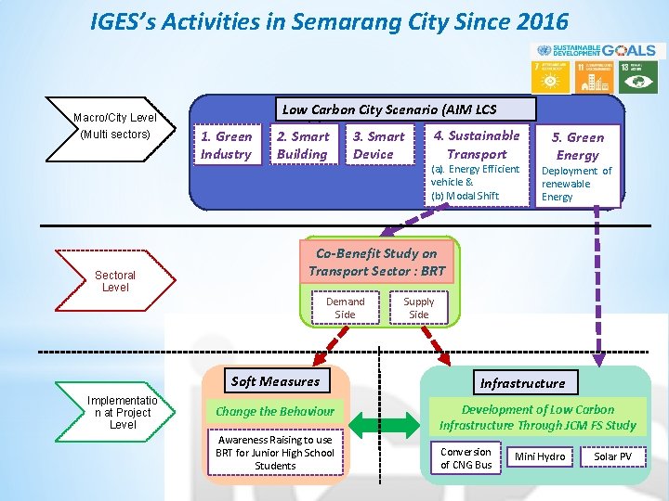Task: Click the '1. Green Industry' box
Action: [227, 146]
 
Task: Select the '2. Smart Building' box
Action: [302, 146]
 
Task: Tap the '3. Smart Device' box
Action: [378, 146]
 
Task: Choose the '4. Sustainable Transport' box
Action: [477, 145]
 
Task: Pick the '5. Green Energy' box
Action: [577, 146]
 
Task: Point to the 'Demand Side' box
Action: [345, 308]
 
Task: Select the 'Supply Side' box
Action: [419, 308]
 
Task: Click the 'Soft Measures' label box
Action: [275, 381]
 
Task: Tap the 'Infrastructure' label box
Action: [522, 382]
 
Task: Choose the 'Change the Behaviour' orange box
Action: [275, 411]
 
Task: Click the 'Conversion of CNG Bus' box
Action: [466, 457]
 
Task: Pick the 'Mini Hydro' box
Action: [540, 457]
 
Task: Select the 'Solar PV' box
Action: [612, 457]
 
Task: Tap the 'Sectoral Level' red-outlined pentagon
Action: [116, 281]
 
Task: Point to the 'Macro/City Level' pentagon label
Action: [115, 126]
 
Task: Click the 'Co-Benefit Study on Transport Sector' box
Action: [377, 262]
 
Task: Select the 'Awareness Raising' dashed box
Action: [275, 453]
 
